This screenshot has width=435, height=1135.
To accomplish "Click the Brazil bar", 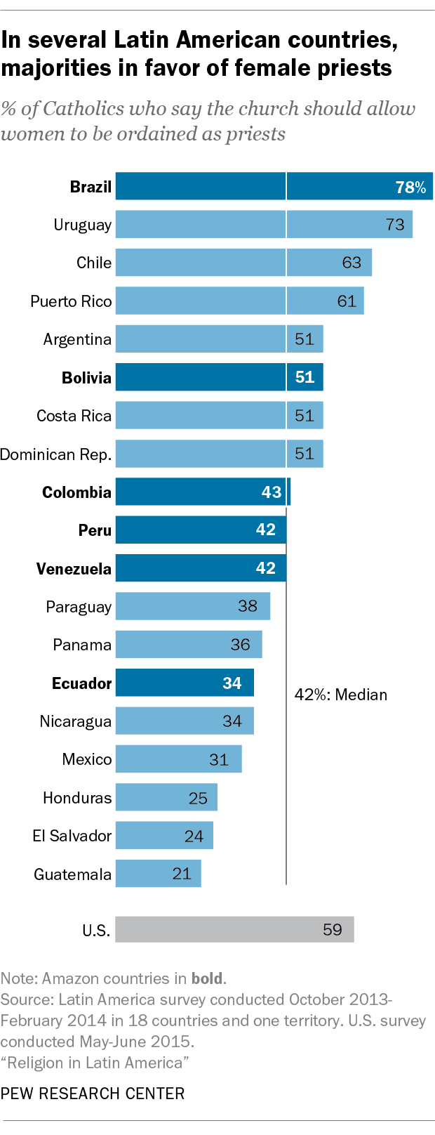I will point(274,186).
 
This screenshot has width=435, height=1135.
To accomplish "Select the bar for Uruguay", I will point(264,225).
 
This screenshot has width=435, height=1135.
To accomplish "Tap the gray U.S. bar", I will point(234,929).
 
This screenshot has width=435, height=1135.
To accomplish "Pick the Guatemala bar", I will point(158,874).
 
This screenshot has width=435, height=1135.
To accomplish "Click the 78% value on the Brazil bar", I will point(410,187).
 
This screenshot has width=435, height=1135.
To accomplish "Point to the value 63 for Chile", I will point(352,263).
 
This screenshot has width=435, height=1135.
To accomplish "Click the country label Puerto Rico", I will point(71,301).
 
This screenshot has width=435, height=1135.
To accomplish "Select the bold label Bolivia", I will point(86,378).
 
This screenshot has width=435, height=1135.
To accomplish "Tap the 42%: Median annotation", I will point(341,695).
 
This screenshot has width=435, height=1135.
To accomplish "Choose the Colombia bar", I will point(203,492).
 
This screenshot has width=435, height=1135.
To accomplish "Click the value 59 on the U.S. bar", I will point(333,929).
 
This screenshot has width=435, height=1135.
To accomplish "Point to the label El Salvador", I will point(72,836).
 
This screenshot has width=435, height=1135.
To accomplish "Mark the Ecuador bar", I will point(185,683).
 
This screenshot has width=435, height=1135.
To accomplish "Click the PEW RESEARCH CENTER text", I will point(93,1094).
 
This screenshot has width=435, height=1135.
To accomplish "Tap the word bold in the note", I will point(207,978).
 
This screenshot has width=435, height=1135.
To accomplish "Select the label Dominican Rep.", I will point(55,454).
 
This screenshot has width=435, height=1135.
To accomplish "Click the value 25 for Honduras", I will point(198,798).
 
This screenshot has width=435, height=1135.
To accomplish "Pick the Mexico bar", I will point(178,759).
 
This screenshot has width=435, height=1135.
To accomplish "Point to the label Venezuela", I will point(74,568).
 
